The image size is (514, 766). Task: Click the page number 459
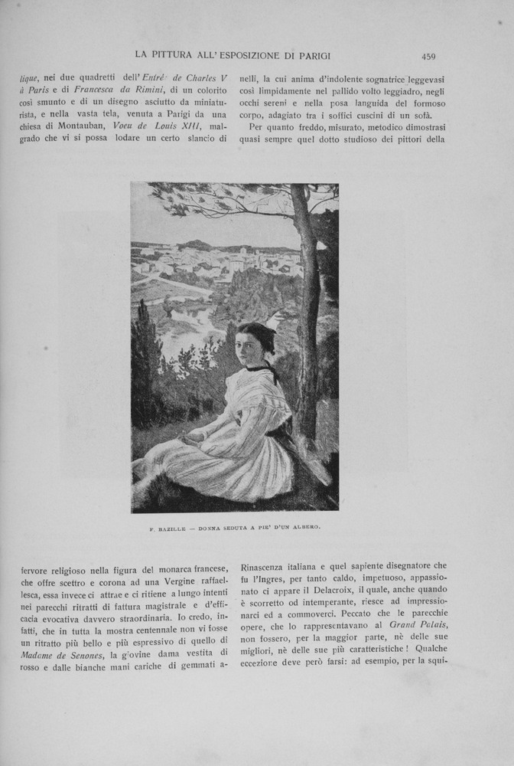tap(428, 55)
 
